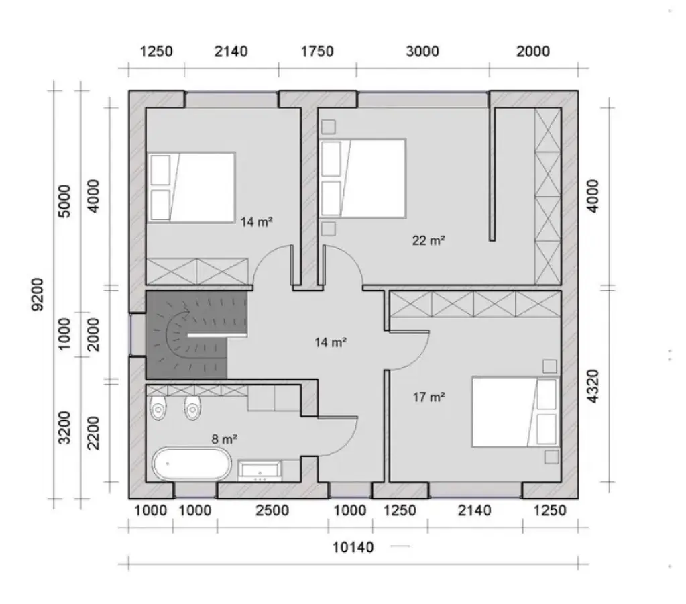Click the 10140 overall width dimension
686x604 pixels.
pos(353,547)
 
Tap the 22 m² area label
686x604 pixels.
pos(429,240)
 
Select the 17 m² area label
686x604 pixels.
pos(429,397)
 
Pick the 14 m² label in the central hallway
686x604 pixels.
pos(330,342)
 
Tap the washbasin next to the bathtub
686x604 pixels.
pos(260,470)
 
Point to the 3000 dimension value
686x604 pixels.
pos(422,52)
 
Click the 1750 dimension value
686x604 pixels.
pos(317,52)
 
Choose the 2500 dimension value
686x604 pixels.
pos(272,511)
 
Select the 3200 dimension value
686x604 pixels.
pos(64,427)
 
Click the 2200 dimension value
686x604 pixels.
pos(94,433)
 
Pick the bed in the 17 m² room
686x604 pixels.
pos(515,411)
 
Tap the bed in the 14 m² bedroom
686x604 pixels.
pos(192,187)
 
